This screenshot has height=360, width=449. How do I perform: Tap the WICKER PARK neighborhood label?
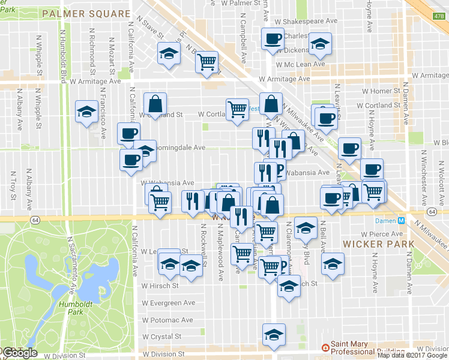(x=379, y=244)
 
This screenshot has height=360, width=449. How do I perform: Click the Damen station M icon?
(x=402, y=221)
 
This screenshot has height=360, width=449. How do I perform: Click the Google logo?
(x=20, y=353)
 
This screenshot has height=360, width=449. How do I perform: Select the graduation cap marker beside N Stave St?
(x=169, y=54)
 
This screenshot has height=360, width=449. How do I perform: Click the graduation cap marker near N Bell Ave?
(x=332, y=264)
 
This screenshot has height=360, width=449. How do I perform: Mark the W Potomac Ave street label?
(x=167, y=320)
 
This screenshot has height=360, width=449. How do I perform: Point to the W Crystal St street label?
(x=162, y=337)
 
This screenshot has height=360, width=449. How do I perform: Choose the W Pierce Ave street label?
(x=381, y=235)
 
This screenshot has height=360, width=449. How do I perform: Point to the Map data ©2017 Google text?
(x=411, y=355)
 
